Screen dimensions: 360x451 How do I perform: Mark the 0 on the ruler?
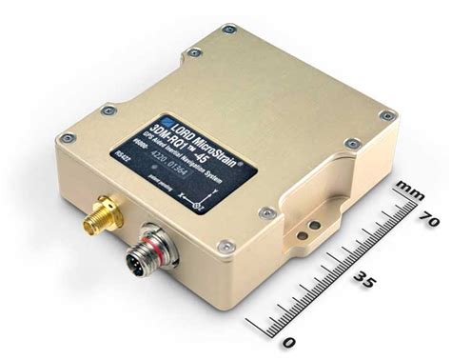point(289,338)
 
